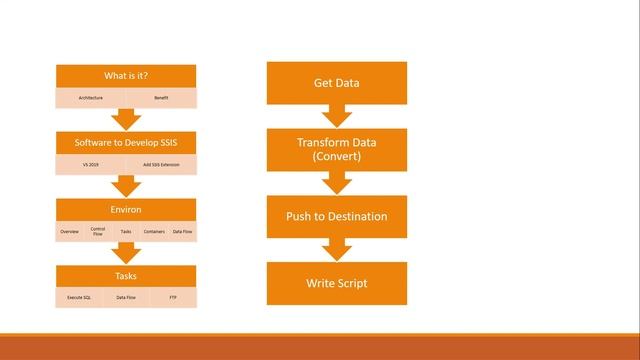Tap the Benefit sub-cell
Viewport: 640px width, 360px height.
161,98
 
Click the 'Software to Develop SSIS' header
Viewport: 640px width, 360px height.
126,143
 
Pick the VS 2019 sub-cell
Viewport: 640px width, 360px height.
91,164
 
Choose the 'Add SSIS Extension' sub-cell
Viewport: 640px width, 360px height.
161,164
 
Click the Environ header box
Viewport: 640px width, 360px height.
126,210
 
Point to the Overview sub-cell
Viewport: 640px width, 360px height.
69,231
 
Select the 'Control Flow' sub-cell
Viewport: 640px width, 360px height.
98,231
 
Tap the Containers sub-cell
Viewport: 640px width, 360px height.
154,231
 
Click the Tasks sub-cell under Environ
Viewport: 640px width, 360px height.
126,231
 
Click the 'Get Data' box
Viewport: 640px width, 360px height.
336,83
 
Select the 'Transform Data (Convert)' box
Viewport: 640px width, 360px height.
336,150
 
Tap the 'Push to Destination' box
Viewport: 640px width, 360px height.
336,216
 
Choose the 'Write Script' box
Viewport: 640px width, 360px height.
336,283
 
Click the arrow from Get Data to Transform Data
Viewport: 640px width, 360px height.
336,116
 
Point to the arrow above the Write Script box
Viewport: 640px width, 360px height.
336,249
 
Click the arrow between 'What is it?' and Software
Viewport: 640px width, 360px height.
126,120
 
